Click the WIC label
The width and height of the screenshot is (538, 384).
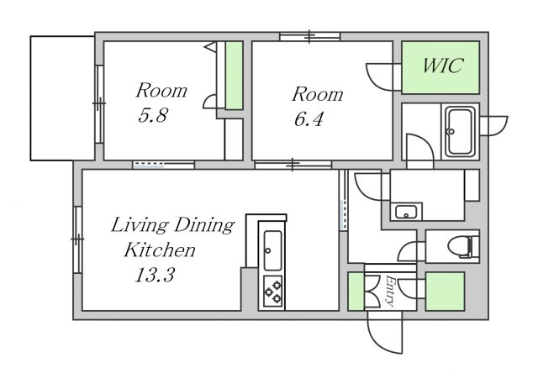pos(442,66)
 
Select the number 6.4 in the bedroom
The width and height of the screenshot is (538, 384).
pos(309,119)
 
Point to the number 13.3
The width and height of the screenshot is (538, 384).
pos(155,275)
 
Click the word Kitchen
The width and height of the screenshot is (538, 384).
pos(160,250)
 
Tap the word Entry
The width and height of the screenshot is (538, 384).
pos(390,290)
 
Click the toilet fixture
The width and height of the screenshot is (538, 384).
pos(463,246)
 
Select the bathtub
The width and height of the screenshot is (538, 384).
pos(458,131)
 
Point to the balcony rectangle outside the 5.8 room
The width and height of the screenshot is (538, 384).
pos(62,98)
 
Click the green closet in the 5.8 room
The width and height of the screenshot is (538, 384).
pos(234,76)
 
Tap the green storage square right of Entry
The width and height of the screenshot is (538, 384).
pos(445,292)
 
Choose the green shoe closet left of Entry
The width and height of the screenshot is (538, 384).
pos(356,292)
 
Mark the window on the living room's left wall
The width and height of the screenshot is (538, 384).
pos(78,239)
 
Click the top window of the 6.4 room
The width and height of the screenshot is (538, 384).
pos(310,36)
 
